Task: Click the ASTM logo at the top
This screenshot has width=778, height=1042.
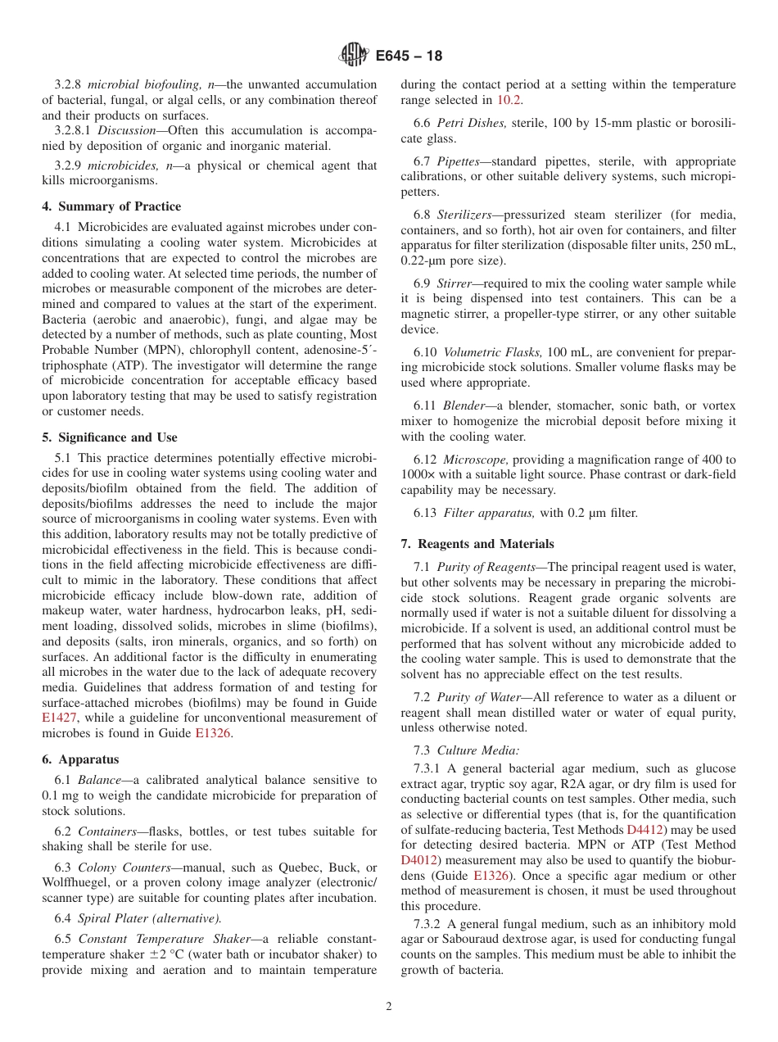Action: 354,56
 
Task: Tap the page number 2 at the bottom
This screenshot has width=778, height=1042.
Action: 389,1007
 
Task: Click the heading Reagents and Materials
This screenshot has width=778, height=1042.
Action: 477,544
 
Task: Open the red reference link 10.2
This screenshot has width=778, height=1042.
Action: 509,100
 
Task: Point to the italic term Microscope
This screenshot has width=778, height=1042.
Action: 476,460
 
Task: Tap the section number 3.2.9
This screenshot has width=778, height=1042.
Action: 68,165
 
